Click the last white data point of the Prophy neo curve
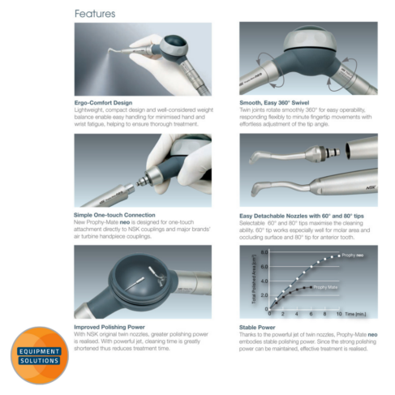pyautogui.click(x=338, y=257)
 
